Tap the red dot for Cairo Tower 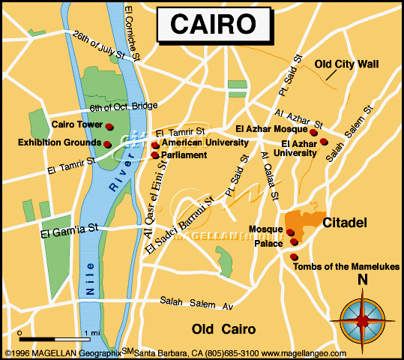[x=109, y=126]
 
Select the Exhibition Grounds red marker [x=107, y=143]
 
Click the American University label [x=205, y=142]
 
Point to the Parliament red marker [x=155, y=155]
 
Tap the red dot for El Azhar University [x=324, y=141]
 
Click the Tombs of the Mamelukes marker [x=292, y=257]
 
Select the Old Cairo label [x=223, y=329]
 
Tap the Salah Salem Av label [x=197, y=303]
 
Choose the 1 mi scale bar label [x=92, y=332]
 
